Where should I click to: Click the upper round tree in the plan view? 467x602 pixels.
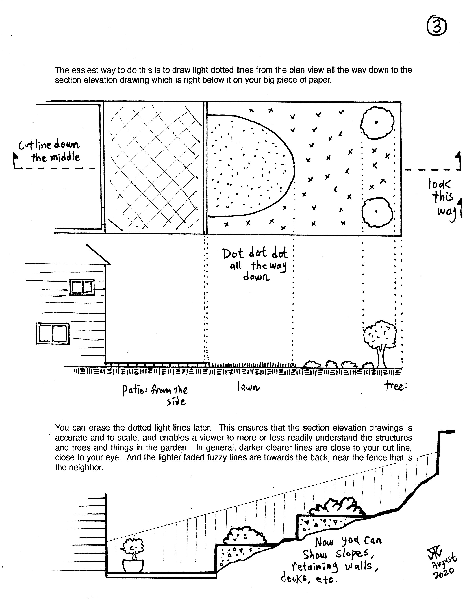(377, 123)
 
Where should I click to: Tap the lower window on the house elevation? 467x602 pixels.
(53, 334)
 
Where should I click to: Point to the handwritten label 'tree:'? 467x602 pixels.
(395, 387)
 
